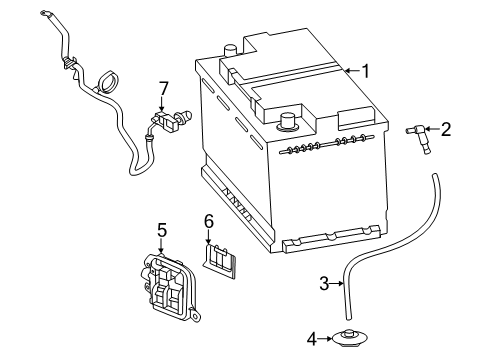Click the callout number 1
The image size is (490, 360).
(x=366, y=71)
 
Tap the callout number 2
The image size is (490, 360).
(x=446, y=129)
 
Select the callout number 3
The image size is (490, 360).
(x=324, y=284)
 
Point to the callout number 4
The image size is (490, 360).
(x=312, y=339)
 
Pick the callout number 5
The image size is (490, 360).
(x=162, y=230)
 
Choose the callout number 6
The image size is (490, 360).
(x=209, y=221)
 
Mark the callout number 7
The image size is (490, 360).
(x=163, y=89)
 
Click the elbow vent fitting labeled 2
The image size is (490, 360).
(x=419, y=138)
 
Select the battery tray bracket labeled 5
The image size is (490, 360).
(x=168, y=286)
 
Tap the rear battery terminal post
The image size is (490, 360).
(x=230, y=51)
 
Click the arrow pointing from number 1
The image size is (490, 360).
(x=353, y=70)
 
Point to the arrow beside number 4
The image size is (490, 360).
(x=325, y=339)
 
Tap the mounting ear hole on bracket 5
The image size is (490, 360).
(x=194, y=315)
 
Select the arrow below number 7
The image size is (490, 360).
(x=162, y=104)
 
